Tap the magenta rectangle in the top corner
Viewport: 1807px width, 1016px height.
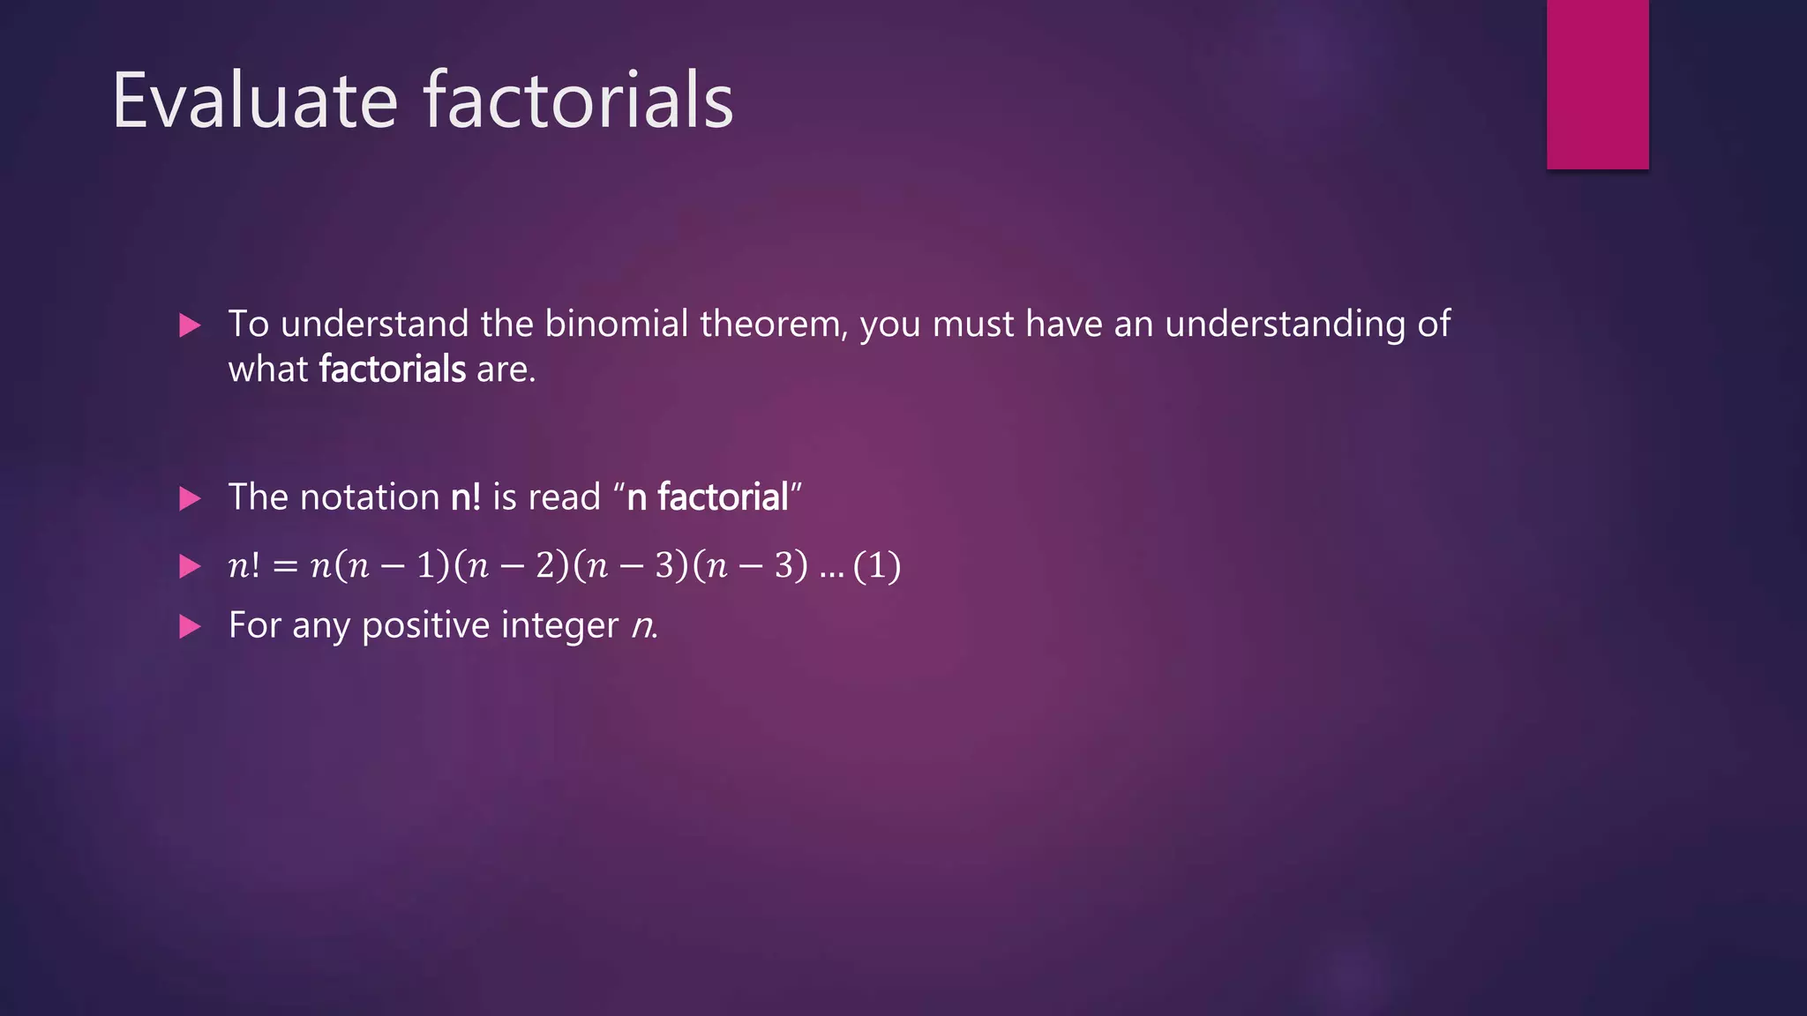coord(1597,84)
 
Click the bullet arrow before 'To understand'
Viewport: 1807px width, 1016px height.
coord(190,325)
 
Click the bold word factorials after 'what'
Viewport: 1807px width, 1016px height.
coord(392,369)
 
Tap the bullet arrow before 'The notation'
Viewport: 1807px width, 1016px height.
coord(190,498)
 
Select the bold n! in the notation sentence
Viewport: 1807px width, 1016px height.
coord(465,497)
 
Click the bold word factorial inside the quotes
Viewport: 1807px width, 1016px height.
coord(722,497)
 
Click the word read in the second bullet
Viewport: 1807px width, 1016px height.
coord(564,497)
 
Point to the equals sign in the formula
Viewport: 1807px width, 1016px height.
coord(285,566)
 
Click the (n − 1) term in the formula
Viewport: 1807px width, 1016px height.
coord(394,565)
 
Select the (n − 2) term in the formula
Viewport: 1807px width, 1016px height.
coord(513,565)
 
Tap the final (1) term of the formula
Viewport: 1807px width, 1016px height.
coord(877,565)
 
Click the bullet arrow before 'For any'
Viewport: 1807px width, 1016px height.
coord(190,627)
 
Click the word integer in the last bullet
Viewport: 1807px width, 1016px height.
coord(559,625)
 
